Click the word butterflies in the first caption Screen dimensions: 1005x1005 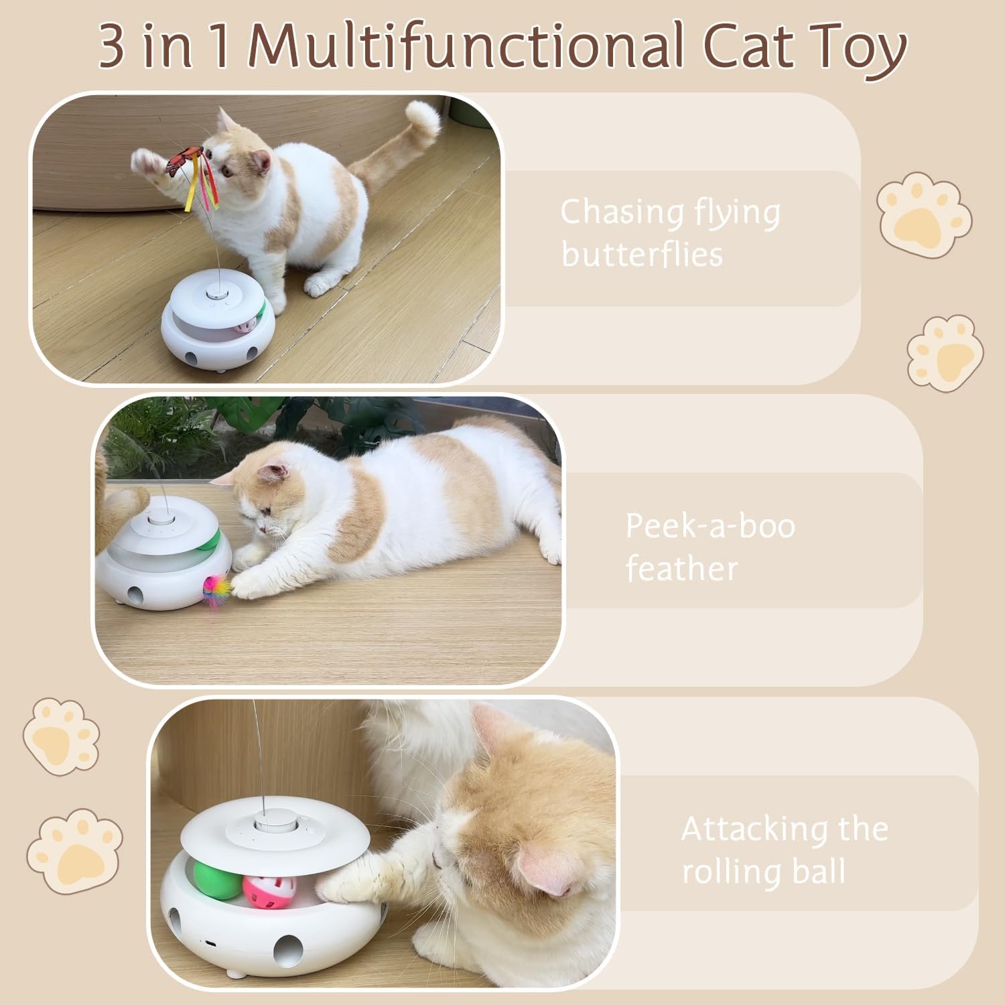642,255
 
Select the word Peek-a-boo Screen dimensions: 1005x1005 710,526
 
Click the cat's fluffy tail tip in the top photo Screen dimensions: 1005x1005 424,117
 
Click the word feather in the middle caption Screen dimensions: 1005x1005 681,569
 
